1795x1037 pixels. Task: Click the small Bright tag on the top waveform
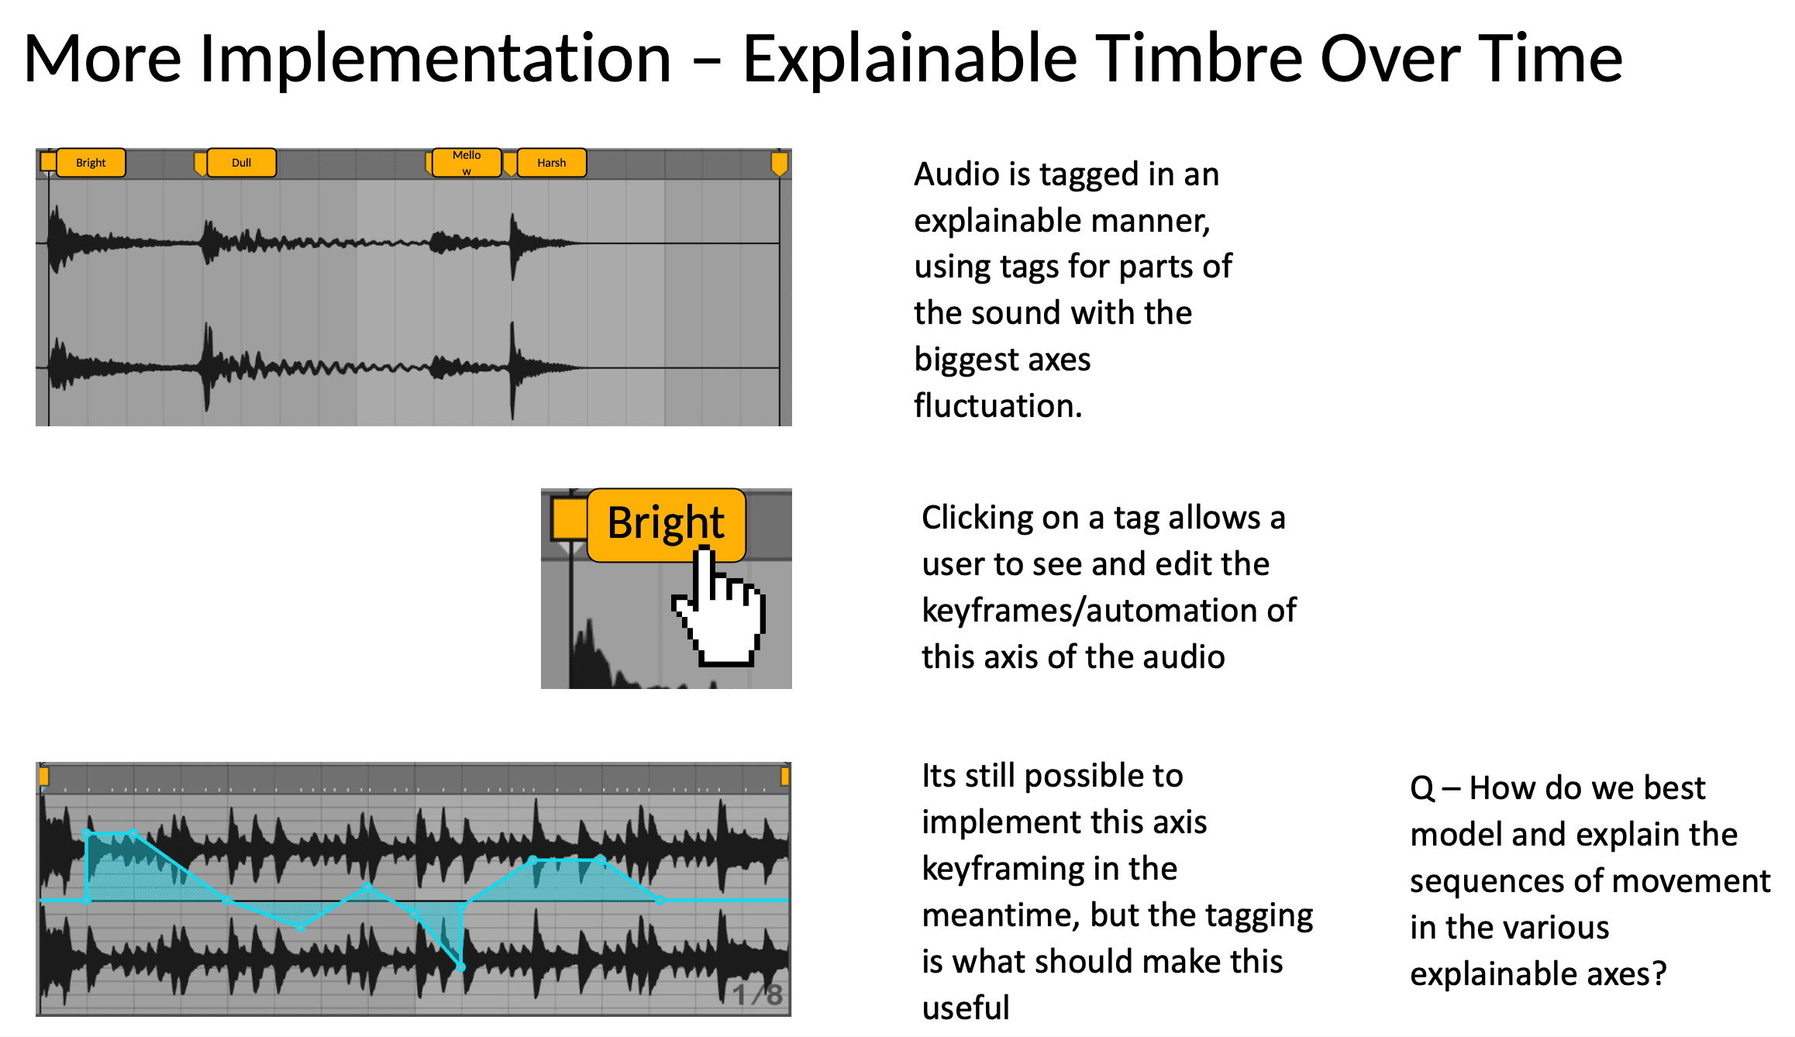91,163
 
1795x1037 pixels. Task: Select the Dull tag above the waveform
241,163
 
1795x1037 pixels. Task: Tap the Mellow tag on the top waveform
467,163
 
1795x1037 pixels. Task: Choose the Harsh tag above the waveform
552,163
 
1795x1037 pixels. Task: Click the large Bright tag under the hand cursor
666,524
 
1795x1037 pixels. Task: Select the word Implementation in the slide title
435,60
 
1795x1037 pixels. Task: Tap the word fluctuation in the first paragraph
997,405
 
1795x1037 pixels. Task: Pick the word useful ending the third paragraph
966,1008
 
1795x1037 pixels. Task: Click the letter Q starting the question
1422,789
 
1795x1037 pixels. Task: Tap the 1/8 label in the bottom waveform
757,994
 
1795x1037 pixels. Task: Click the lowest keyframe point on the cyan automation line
461,967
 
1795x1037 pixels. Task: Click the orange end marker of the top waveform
779,164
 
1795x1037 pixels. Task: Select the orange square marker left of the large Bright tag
570,518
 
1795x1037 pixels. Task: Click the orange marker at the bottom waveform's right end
785,776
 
